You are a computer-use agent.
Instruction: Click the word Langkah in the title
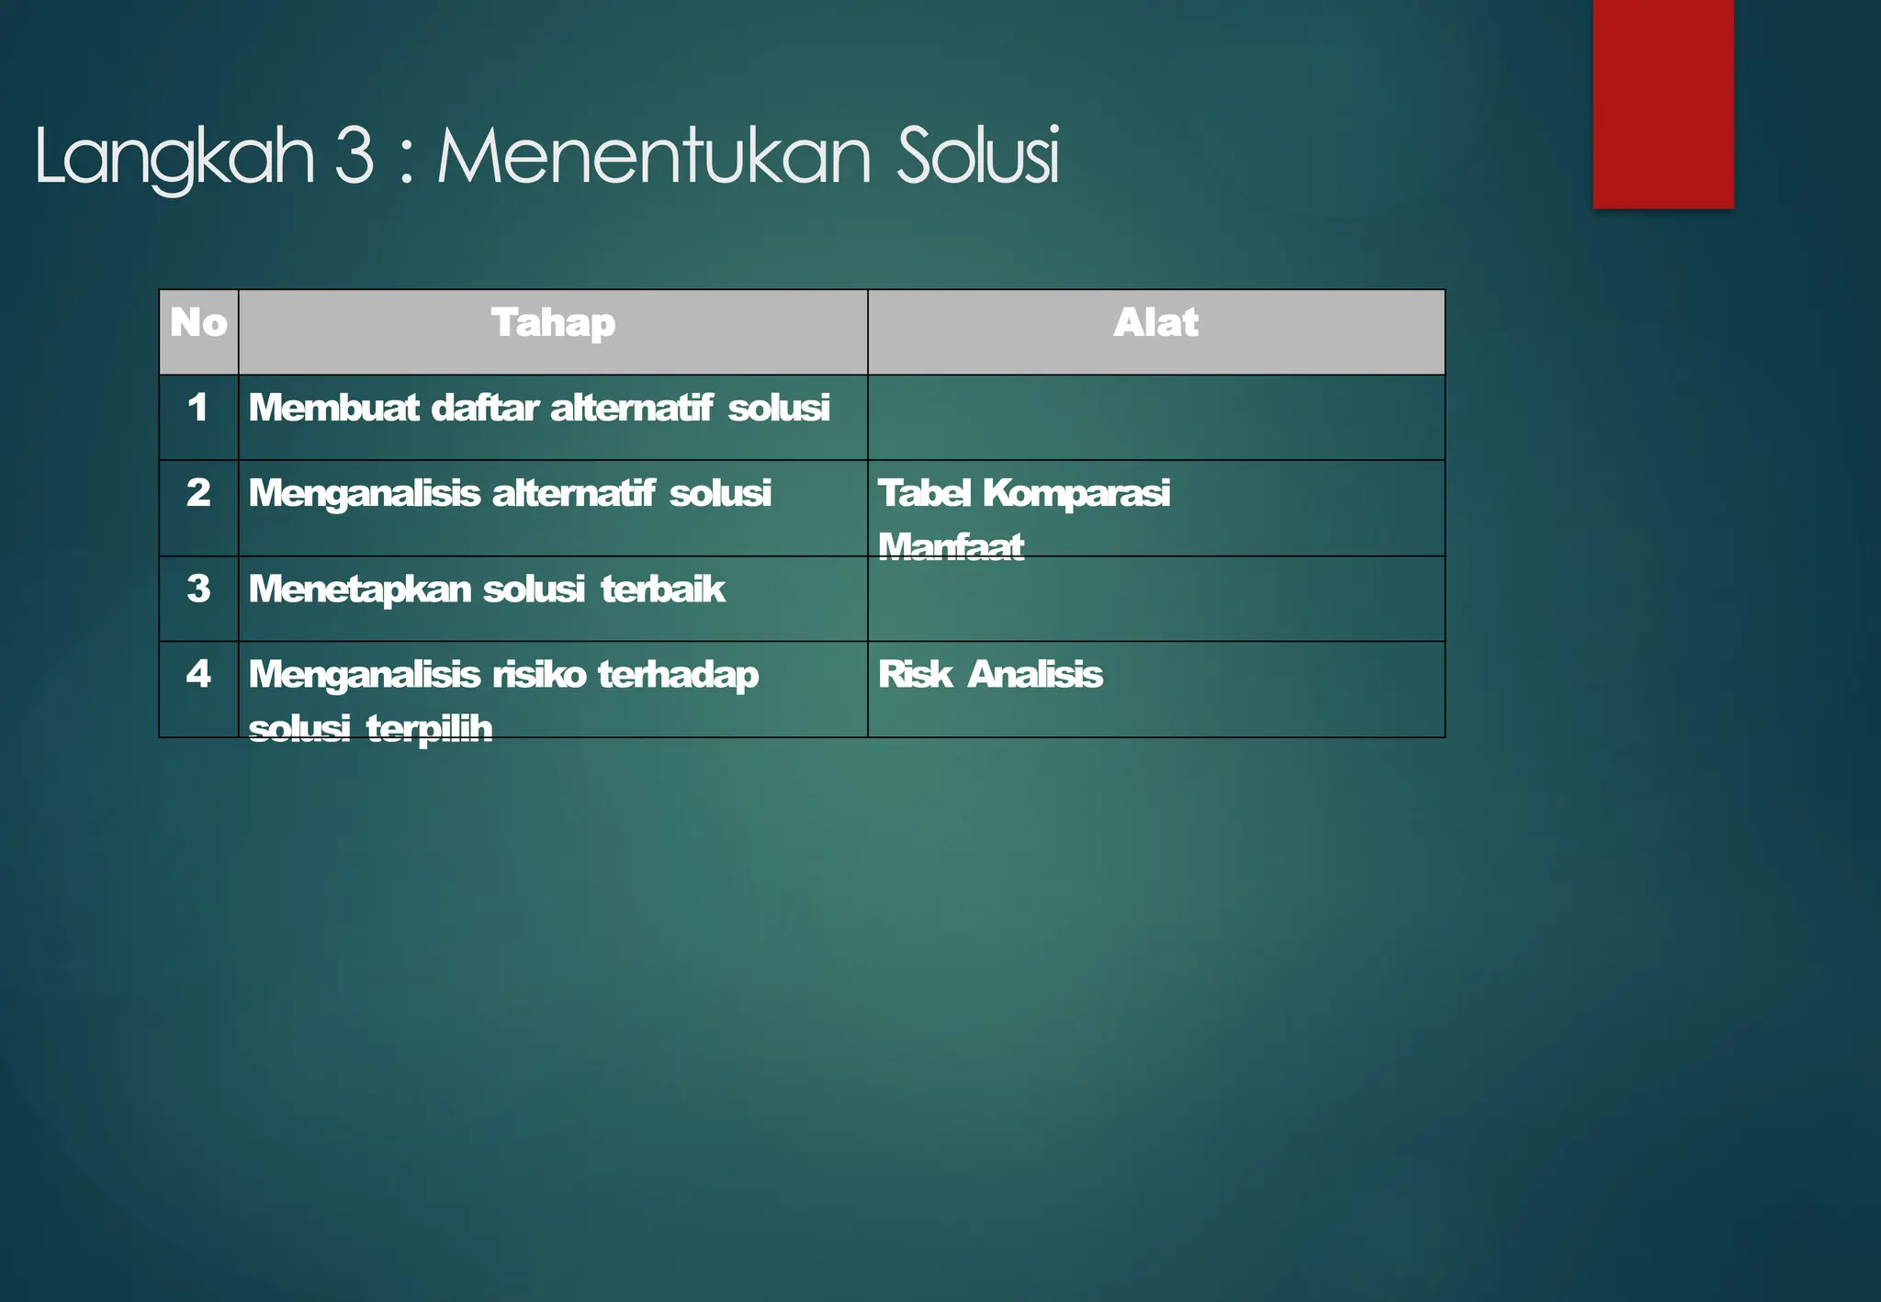175,157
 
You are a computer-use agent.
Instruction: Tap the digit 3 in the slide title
355,155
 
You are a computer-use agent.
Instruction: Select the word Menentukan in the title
653,155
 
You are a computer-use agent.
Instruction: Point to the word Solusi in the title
977,155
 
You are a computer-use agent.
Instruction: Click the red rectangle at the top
1662,103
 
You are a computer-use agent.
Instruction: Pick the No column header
198,323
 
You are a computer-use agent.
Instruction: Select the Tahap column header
553,323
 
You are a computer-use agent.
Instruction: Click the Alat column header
1155,323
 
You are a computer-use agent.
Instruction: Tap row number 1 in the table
197,408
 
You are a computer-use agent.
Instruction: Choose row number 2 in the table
198,493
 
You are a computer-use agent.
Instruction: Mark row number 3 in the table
198,589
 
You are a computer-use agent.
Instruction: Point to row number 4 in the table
198,674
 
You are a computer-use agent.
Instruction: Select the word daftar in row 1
484,408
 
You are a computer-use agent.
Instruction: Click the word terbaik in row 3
662,589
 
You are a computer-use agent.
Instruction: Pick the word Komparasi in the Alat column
1076,493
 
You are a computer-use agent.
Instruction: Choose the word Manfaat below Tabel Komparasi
951,546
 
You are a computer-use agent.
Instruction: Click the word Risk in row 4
915,674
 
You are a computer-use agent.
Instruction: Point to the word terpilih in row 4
429,728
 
